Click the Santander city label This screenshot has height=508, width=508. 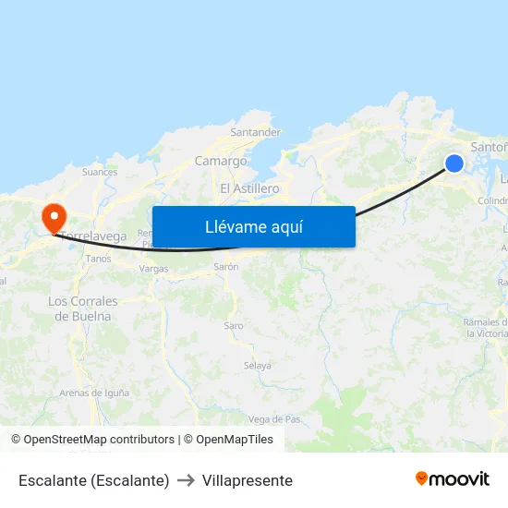click(x=255, y=132)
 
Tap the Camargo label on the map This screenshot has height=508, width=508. click(x=220, y=161)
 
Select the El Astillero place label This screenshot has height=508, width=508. click(x=249, y=188)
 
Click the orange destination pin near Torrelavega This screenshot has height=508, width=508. click(x=54, y=217)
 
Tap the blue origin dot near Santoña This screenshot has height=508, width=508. click(x=454, y=163)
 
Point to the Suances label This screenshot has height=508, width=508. click(x=100, y=172)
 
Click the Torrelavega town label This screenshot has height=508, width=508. click(x=95, y=236)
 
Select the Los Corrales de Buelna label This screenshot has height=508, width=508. click(x=83, y=308)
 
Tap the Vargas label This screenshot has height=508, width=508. click(x=153, y=269)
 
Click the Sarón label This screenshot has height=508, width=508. click(x=226, y=267)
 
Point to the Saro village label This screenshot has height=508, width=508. click(x=234, y=326)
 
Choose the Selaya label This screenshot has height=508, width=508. click(x=257, y=366)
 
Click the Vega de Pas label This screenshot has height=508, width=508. click(x=274, y=419)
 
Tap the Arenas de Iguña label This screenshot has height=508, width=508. click(x=93, y=393)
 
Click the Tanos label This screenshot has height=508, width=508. click(x=98, y=259)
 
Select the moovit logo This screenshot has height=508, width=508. click(x=453, y=478)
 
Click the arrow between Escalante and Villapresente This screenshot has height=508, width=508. click(x=186, y=480)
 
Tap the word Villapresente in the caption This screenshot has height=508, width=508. click(x=247, y=480)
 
